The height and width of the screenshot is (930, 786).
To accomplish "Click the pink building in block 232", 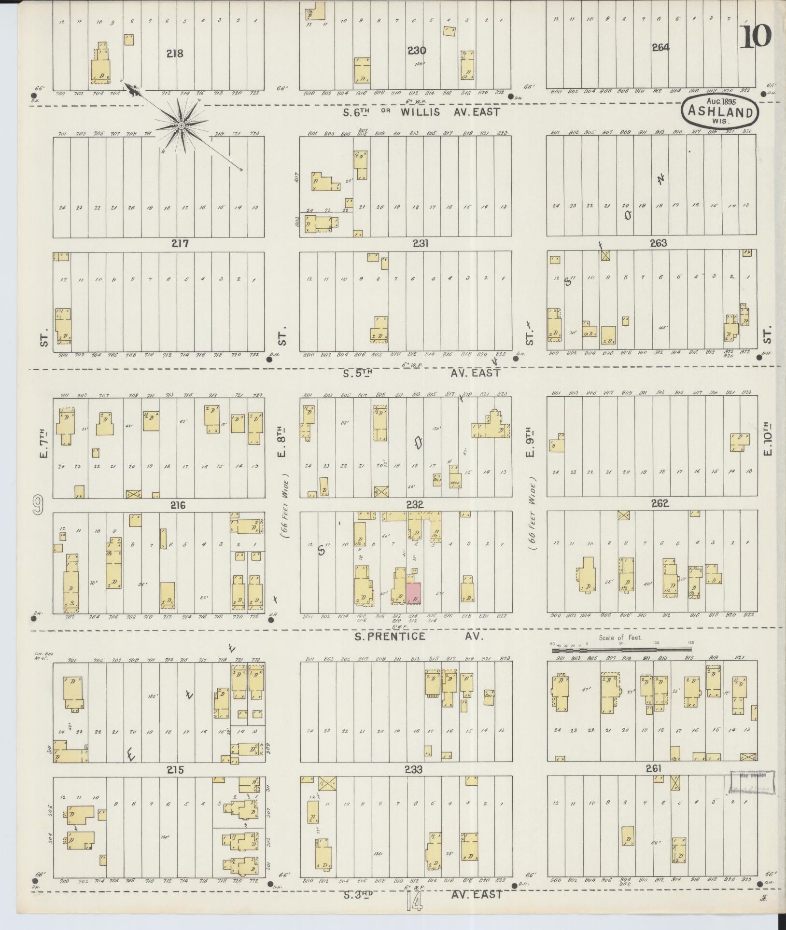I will click(x=414, y=593).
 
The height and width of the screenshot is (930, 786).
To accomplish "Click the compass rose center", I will click(x=182, y=125).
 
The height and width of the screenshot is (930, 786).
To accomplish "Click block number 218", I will click(x=175, y=53).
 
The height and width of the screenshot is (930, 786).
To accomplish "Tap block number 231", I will click(x=420, y=244).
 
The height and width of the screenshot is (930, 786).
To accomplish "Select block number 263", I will click(x=658, y=243).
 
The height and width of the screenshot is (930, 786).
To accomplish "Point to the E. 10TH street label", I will click(x=768, y=443).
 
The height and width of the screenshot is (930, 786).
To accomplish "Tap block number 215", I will click(x=175, y=770).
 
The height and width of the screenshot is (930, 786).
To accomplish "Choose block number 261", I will click(x=654, y=768).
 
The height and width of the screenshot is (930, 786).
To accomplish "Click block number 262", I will click(x=660, y=503).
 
